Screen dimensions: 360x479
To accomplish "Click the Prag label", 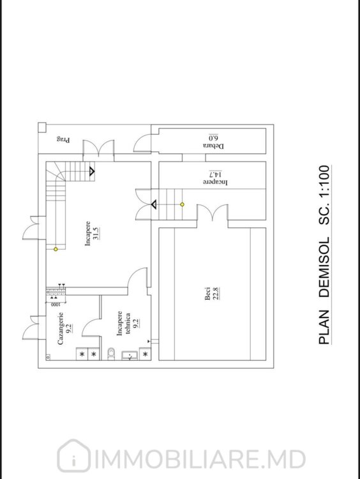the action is tap(63, 140).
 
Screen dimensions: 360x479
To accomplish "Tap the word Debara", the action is tap(213, 146).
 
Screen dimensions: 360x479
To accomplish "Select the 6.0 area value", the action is tap(213, 137).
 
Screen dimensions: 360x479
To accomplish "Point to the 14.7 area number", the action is tap(215, 174).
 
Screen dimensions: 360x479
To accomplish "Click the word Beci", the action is tap(207, 293).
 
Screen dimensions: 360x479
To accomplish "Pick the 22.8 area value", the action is tap(217, 293).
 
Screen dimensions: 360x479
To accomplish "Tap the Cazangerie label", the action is tap(61, 328).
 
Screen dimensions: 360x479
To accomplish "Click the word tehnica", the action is tap(128, 323).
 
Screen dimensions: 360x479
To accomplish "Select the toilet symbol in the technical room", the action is tap(112, 353).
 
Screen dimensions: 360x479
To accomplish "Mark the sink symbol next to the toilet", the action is tap(130, 356).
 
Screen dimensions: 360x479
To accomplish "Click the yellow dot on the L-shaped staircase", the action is tap(56, 249).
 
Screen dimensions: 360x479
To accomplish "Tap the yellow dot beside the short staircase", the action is tap(183, 204).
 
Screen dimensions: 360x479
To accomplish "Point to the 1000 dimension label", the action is tap(54, 305).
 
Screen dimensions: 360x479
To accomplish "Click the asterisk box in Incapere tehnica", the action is tap(146, 354).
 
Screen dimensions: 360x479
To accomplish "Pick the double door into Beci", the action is tap(212, 212).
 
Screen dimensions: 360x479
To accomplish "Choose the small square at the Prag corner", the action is tap(42, 127).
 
